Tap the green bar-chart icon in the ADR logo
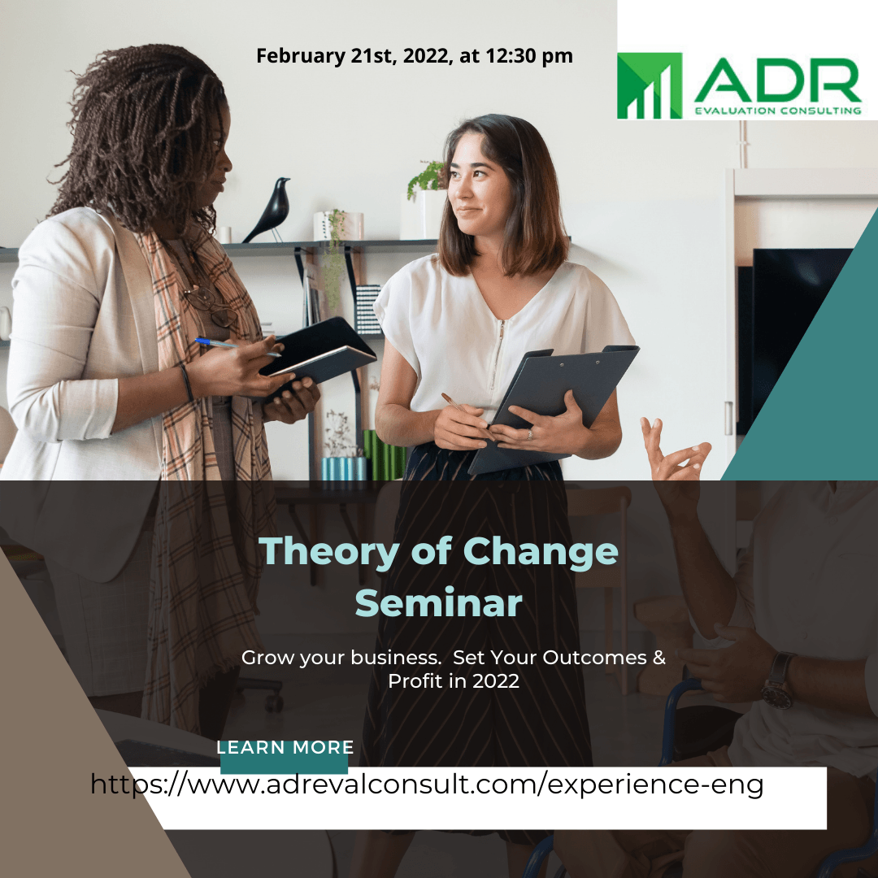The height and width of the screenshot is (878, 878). pos(650,85)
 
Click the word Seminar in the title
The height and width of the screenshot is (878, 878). pos(438,603)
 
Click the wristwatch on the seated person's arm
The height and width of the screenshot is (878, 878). pos(779,680)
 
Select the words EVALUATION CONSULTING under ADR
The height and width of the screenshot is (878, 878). pos(778,111)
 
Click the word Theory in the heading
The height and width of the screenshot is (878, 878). pos(328,553)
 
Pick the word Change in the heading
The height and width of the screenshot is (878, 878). pos(541,553)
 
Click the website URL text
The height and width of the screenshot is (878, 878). pos(427,784)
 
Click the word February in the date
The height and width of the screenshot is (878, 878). pos(301,56)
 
